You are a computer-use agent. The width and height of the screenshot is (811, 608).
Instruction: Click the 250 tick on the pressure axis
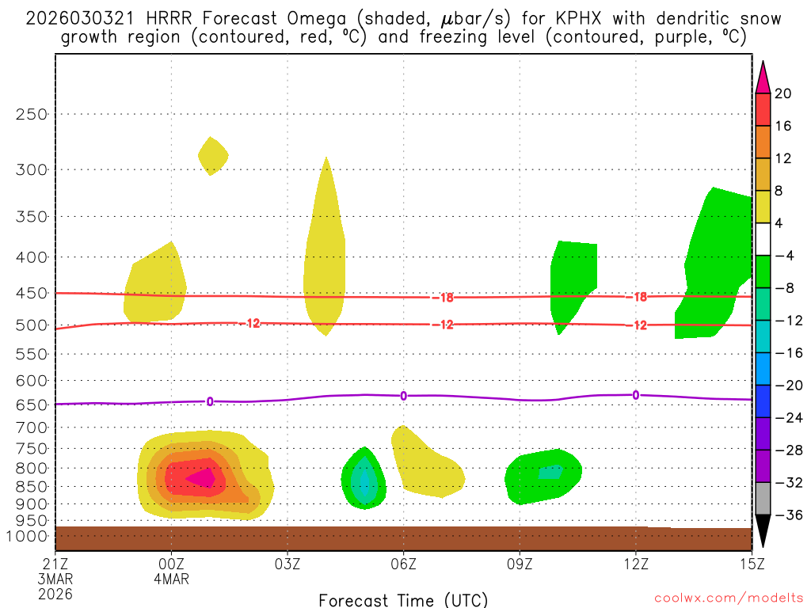tap(32, 114)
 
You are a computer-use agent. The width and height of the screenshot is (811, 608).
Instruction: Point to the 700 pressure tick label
tap(32, 427)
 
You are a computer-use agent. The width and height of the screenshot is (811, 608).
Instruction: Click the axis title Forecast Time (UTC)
tap(403, 599)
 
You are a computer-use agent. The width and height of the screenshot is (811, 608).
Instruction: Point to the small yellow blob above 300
tap(212, 156)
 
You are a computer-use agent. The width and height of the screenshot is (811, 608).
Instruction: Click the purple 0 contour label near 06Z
tap(403, 396)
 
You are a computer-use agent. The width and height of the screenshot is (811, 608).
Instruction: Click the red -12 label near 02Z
tap(251, 323)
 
